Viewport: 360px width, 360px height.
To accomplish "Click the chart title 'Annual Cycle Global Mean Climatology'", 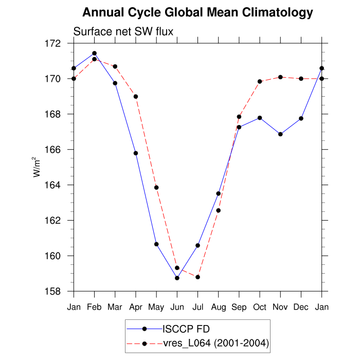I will [197, 12].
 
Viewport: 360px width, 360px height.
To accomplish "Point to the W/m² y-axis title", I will [38, 168].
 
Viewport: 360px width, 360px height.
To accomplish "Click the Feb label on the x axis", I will [94, 308].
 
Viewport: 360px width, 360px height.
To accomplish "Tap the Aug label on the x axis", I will [219, 308].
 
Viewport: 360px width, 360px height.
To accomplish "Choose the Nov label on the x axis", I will [280, 308].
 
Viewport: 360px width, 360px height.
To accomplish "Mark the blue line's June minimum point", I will [177, 278].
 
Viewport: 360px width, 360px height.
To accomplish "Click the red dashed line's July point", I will [197, 277].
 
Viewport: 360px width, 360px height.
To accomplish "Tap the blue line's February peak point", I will [94, 53].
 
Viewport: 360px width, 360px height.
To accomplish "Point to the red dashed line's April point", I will [136, 96].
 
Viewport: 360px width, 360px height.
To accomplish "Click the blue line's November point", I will [280, 134].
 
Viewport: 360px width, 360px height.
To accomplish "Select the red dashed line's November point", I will [280, 77].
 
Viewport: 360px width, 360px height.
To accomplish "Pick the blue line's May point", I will [156, 244].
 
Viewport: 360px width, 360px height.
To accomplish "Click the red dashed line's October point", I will [260, 81].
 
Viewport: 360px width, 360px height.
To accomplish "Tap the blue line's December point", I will [301, 118].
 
